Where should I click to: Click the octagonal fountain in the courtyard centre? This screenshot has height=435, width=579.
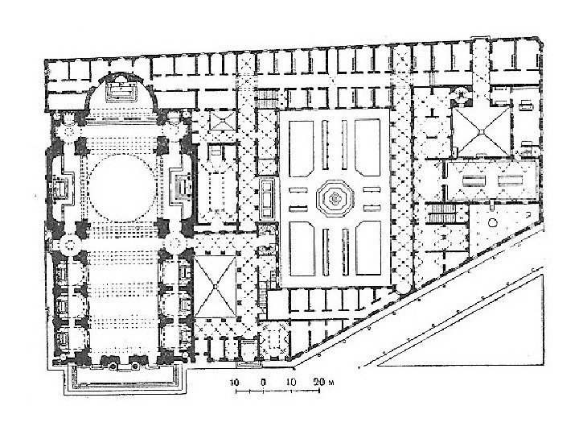click(x=333, y=197)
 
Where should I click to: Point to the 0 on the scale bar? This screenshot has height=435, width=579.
click(x=263, y=380)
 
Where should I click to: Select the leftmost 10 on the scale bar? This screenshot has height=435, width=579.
click(x=234, y=380)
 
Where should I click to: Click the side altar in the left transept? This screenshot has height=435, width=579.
click(x=62, y=187)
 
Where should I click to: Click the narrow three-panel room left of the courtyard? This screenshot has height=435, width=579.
click(x=267, y=196)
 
